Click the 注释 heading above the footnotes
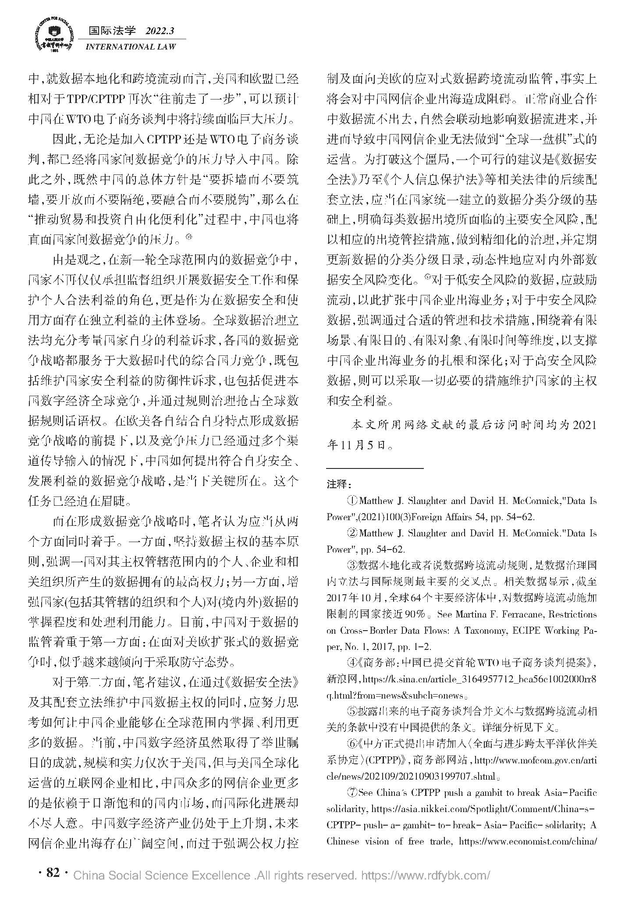pos(339,484)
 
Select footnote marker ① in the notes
pos(352,500)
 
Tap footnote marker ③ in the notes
pos(352,565)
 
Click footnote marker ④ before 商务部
pos(352,663)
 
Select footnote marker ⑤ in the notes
pos(352,711)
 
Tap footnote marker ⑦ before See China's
pos(352,792)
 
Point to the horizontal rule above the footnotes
pos(375,468)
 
